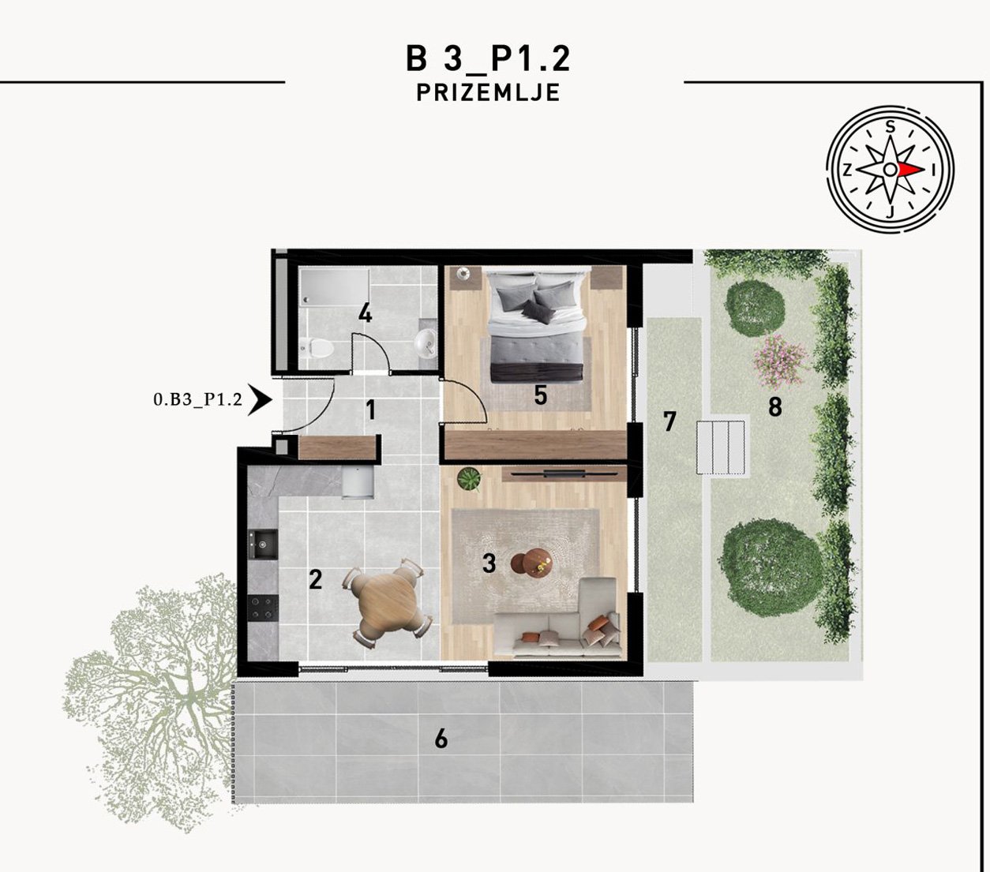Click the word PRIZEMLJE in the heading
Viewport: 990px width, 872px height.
tap(488, 93)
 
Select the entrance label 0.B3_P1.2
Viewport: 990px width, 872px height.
tap(198, 400)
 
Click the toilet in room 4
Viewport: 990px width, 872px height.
tap(317, 347)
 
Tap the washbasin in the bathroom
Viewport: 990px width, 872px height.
tap(426, 341)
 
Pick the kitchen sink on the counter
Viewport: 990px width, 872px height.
tap(263, 544)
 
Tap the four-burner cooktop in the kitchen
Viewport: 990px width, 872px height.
tap(263, 608)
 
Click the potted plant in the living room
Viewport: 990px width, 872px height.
tap(470, 478)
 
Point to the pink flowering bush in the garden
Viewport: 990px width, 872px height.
tap(780, 361)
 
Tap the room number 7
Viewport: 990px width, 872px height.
tap(669, 421)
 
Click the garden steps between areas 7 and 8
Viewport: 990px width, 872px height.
tap(720, 447)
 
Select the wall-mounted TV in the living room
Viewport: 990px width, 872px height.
tap(564, 473)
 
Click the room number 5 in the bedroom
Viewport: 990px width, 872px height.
tap(540, 395)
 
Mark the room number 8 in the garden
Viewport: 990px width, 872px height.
tap(775, 406)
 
